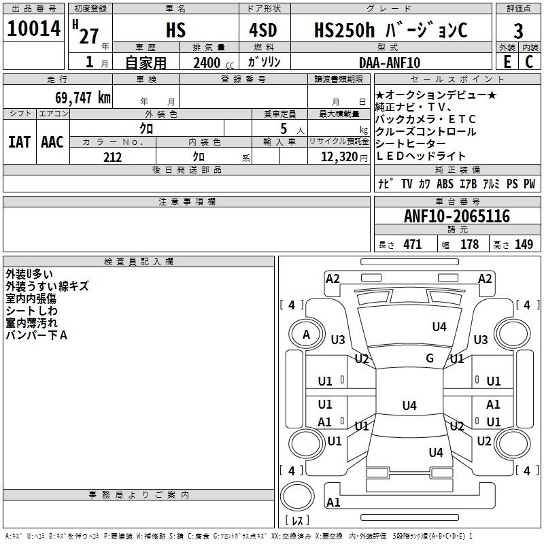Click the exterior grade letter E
point(507,62)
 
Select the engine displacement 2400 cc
point(211,63)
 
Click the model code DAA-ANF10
point(390,63)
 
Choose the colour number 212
point(112,157)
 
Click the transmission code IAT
point(18,142)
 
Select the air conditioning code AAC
point(52,142)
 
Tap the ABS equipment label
point(445,184)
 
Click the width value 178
point(469,245)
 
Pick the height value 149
point(524,245)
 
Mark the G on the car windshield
point(430,358)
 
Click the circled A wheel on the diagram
point(306,334)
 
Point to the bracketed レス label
point(297,520)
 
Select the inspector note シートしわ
point(31,311)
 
